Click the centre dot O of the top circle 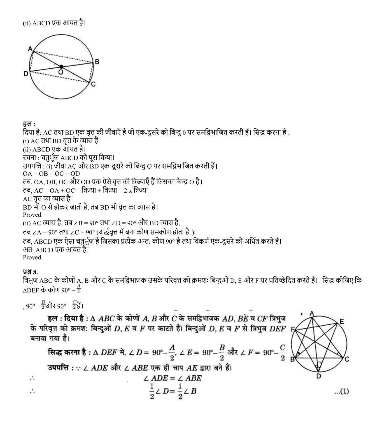61,67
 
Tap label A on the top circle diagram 30,49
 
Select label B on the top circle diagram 97,62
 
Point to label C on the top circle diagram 93,84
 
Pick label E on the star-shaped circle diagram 341,321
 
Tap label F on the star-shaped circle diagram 293,329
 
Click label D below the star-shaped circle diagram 318,376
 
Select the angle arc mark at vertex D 318,365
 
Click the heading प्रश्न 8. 30,272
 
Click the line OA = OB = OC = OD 51,174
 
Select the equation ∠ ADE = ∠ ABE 172,378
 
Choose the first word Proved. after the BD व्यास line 32,215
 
